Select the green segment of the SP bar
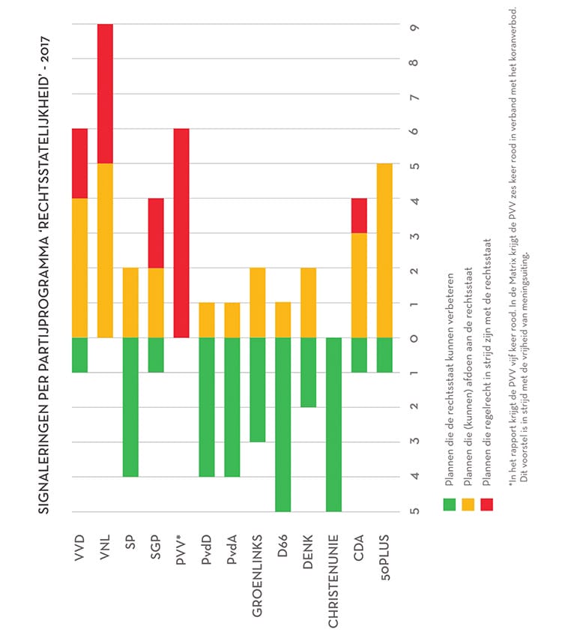131,406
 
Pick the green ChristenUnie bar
333,424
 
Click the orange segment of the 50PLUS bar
384,250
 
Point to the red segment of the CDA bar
358,216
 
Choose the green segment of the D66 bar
282,424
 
